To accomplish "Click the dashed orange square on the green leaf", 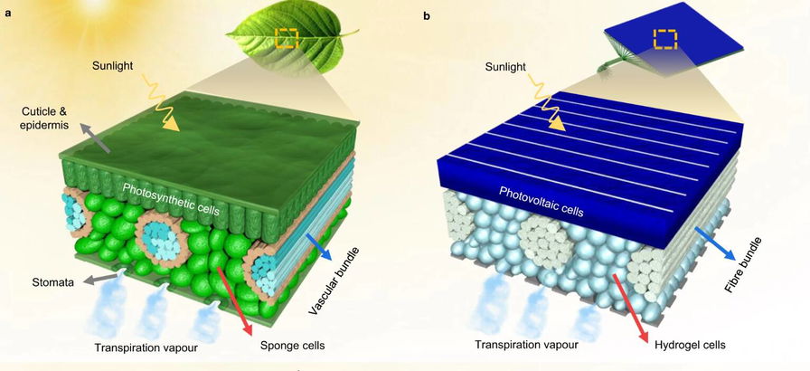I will (287, 38).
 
